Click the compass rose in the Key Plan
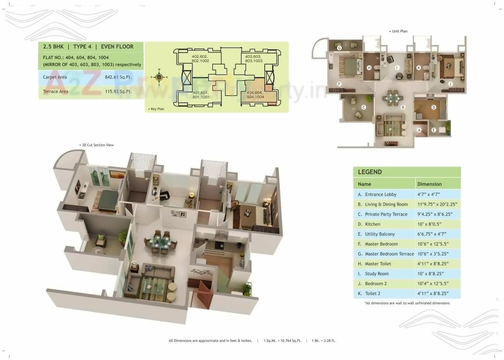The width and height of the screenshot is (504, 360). tap(159, 77)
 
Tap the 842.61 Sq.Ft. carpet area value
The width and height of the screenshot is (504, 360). tap(118, 78)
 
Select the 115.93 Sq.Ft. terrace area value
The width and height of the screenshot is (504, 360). tap(118, 91)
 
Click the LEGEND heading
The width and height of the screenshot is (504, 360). tap(370, 172)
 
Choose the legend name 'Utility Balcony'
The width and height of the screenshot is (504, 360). tap(380, 234)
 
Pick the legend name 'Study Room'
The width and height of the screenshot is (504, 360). tap(377, 274)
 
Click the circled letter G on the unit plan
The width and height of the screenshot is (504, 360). tap(339, 48)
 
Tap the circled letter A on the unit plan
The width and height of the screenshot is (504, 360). tap(419, 130)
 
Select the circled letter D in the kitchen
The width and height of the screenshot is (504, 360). tap(434, 107)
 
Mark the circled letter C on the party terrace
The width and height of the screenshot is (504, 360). tap(364, 107)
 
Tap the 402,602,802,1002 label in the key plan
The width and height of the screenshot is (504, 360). tap(200, 59)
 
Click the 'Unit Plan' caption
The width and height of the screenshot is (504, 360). tap(399, 31)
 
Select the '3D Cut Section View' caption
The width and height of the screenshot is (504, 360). tap(97, 145)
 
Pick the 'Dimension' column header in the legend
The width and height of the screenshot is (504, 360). tap(429, 184)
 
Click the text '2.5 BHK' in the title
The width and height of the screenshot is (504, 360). tap(53, 47)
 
